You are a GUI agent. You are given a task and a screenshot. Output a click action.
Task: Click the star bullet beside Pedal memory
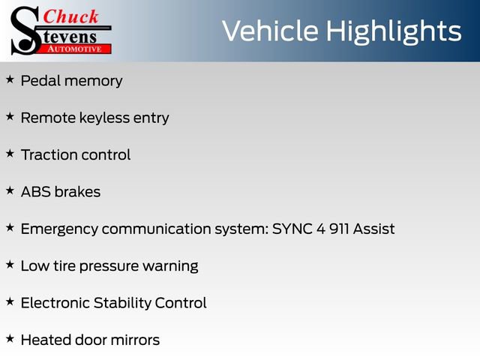coord(10,79)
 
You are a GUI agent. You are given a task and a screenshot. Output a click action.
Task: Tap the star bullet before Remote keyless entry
coord(10,116)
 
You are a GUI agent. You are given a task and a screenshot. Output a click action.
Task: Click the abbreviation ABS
coord(34,192)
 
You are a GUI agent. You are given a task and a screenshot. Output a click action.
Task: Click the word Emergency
coord(58,229)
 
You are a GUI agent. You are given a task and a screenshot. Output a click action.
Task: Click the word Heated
coord(45,340)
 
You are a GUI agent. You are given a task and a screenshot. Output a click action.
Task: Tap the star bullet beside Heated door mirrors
coord(10,338)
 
